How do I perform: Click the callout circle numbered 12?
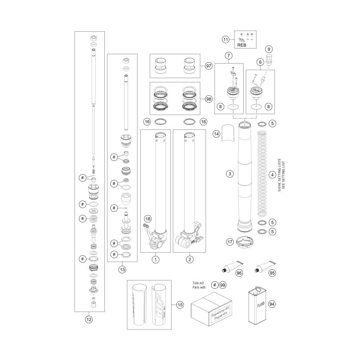(89, 319)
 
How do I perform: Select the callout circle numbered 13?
(122, 270)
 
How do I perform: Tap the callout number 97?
(208, 66)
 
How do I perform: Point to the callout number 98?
(208, 99)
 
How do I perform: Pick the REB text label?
(242, 45)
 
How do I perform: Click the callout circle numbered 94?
(272, 304)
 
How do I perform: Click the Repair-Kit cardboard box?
(211, 309)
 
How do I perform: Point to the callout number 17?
(230, 242)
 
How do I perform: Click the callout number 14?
(216, 134)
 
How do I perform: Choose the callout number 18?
(148, 219)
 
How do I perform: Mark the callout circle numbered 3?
(230, 174)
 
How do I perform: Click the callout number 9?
(269, 49)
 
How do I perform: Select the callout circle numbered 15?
(180, 305)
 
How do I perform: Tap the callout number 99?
(222, 285)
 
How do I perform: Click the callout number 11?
(226, 40)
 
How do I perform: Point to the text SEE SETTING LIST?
(283, 175)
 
